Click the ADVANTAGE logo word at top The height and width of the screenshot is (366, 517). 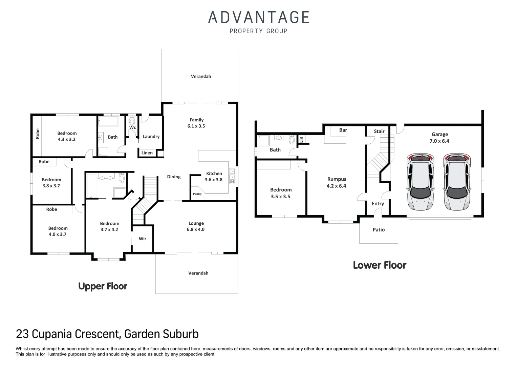258,17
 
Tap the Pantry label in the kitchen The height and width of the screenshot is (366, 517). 197,194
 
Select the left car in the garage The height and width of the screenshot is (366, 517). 421,182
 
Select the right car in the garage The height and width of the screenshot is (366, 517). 456,182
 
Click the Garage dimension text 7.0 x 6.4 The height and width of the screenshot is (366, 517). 439,141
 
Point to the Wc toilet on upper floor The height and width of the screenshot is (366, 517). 132,121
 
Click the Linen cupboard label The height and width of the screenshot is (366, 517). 147,153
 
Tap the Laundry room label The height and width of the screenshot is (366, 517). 151,137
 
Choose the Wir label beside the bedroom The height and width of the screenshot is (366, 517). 143,239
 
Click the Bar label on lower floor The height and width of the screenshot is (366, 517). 343,130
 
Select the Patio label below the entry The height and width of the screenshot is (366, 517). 379,230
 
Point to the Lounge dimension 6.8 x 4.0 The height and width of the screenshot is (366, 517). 196,229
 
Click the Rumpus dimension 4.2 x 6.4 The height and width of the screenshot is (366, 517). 336,186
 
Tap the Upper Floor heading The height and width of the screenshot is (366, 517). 103,286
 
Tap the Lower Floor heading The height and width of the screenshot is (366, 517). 379,265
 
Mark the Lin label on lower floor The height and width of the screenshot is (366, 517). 301,139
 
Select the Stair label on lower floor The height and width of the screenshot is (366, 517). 379,131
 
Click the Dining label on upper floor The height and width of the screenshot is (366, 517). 174,177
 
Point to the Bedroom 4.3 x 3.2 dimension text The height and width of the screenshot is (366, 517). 67,139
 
